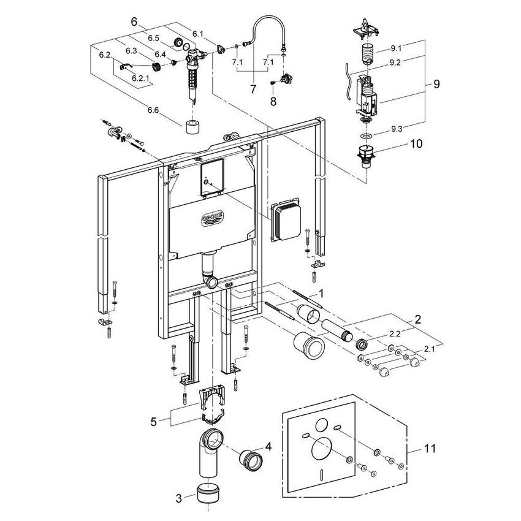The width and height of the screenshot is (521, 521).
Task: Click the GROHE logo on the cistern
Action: tap(213, 219)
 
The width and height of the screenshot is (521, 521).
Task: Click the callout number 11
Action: tap(430, 449)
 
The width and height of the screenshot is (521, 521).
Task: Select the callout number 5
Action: tap(155, 421)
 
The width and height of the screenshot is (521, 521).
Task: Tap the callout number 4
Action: tap(267, 446)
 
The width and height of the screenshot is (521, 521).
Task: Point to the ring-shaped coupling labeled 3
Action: tap(210, 492)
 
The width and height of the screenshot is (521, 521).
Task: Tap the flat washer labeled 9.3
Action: tap(365, 135)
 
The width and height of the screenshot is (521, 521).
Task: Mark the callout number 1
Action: tap(319, 295)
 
